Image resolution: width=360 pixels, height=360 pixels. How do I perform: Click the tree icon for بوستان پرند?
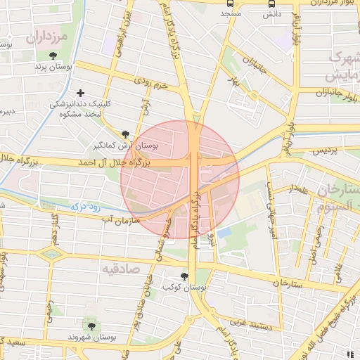point(53,56)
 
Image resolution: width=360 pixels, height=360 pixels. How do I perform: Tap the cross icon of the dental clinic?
point(81,93)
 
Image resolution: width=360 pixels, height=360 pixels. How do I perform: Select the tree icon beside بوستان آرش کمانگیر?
point(125,134)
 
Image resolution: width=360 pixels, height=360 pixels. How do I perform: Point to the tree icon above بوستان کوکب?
point(185,276)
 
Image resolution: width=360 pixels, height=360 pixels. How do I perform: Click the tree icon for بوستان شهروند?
point(91,325)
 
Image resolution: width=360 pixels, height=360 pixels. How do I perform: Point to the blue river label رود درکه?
point(87,208)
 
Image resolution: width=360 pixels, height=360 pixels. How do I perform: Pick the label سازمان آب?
point(122,220)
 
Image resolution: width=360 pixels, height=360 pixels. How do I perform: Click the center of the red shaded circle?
point(180,180)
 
